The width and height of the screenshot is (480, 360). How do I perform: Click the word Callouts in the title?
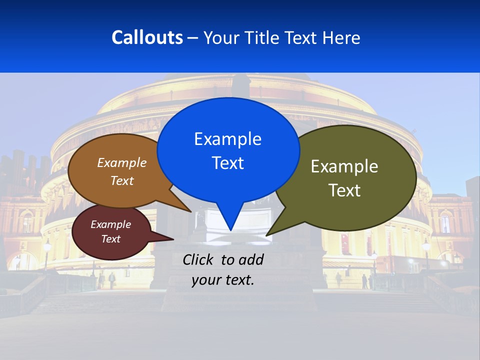(x=147, y=37)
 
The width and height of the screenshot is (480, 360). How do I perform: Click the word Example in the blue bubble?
(x=227, y=139)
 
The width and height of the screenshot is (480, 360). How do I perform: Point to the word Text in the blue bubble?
(x=227, y=163)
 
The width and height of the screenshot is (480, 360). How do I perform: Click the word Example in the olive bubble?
(x=344, y=166)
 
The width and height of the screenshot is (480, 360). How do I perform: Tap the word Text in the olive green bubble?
(x=344, y=190)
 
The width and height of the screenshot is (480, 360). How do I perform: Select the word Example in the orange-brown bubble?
(x=122, y=163)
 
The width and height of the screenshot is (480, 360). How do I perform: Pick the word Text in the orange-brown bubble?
(x=122, y=181)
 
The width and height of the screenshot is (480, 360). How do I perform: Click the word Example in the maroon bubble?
(x=110, y=224)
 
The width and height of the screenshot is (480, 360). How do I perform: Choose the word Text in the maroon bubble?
(x=110, y=239)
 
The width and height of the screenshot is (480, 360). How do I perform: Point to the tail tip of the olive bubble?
(x=267, y=234)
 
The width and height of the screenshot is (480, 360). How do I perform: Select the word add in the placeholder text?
(x=251, y=259)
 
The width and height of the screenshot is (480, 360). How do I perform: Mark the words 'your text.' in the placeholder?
(x=223, y=280)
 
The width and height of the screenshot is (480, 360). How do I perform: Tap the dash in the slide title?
(x=193, y=38)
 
